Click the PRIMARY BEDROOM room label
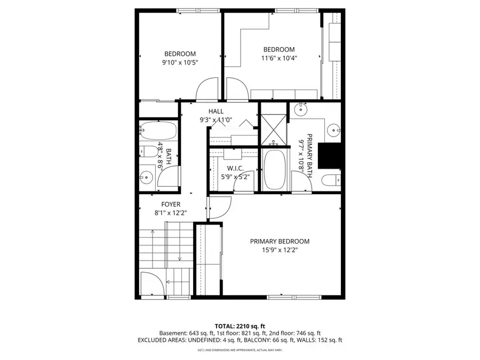(x=279, y=241)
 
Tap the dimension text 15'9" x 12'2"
(x=279, y=250)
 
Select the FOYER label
(x=171, y=204)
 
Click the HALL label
(x=216, y=111)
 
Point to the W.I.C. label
(x=235, y=168)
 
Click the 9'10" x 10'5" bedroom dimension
(x=180, y=62)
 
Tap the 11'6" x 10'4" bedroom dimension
(x=278, y=59)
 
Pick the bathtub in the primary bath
(x=275, y=169)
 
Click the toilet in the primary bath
(x=332, y=180)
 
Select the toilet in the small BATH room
(x=146, y=151)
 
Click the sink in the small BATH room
(x=146, y=177)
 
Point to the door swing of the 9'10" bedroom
(x=207, y=90)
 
